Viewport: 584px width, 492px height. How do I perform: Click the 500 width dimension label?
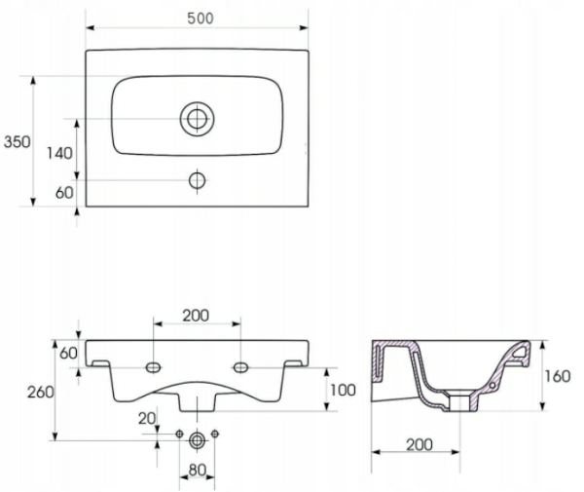click(x=200, y=19)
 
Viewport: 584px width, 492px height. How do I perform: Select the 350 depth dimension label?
click(x=18, y=142)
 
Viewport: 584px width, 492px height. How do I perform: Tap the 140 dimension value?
click(x=59, y=153)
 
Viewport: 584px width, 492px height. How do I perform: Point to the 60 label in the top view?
click(x=64, y=193)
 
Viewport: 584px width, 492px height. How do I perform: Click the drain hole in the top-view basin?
click(x=197, y=119)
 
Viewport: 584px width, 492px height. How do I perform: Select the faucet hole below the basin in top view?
click(x=197, y=180)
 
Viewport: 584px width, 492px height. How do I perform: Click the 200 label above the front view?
click(x=196, y=316)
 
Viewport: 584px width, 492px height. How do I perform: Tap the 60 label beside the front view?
click(x=68, y=353)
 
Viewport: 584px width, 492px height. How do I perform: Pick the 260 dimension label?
click(x=40, y=392)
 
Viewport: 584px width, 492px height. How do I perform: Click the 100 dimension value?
click(x=343, y=390)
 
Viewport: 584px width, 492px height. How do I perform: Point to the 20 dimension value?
click(x=147, y=419)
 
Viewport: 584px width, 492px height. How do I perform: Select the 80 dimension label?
click(x=197, y=471)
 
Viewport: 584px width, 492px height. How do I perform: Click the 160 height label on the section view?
click(x=557, y=376)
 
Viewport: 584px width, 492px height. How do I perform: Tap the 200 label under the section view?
click(x=420, y=444)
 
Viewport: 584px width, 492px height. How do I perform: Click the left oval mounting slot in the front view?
click(x=153, y=368)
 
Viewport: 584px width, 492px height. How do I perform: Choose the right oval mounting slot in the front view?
click(x=240, y=368)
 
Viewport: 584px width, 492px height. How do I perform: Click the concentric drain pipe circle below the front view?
click(x=197, y=440)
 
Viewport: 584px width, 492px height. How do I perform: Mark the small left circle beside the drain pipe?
click(x=179, y=434)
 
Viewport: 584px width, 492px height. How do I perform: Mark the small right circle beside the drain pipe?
click(x=215, y=434)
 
